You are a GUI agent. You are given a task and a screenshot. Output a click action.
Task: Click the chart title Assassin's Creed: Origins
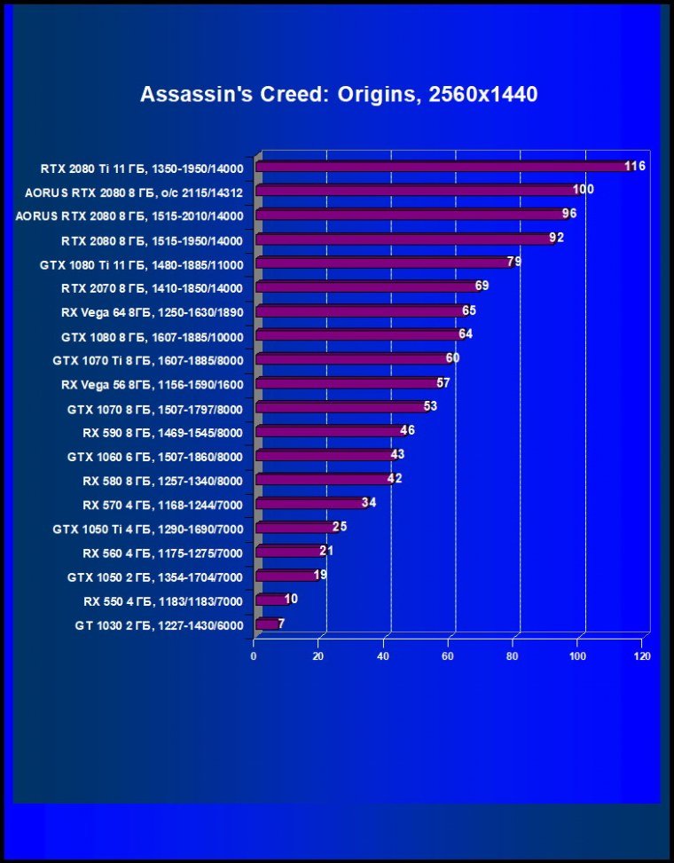click(x=339, y=95)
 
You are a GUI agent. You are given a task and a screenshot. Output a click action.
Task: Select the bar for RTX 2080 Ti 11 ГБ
click(x=443, y=167)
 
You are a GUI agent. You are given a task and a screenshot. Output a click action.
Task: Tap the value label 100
click(x=583, y=190)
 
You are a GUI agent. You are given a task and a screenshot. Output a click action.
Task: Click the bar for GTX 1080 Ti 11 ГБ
click(x=381, y=263)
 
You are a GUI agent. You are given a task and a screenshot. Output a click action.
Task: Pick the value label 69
click(x=482, y=286)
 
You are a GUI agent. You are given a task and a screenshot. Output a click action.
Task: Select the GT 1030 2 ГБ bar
click(x=266, y=624)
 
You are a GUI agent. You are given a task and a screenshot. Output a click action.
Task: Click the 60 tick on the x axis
click(x=449, y=656)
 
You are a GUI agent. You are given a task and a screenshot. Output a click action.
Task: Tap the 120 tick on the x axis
click(x=642, y=656)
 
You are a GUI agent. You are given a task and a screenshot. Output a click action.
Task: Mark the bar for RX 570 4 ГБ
click(x=310, y=504)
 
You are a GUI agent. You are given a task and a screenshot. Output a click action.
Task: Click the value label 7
click(x=281, y=624)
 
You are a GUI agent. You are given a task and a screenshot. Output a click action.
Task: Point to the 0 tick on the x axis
click(x=255, y=656)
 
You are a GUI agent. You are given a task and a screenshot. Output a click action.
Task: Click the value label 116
click(x=634, y=166)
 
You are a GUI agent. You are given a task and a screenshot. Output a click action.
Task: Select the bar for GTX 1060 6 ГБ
click(x=325, y=455)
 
